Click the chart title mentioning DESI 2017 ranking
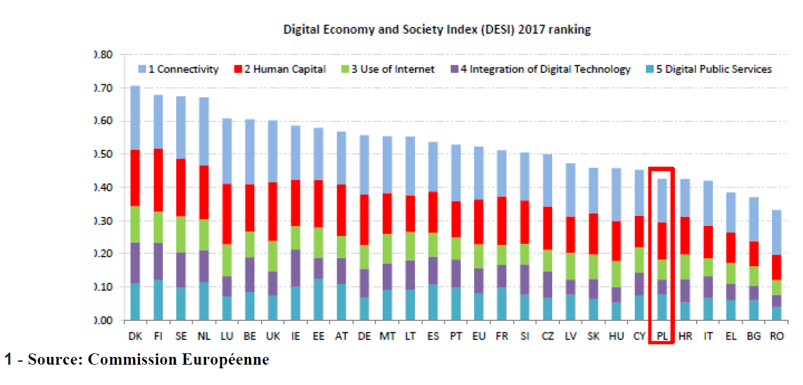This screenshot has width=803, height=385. (436, 29)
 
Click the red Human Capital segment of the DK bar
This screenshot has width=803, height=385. (135, 178)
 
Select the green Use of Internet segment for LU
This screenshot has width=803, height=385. (227, 260)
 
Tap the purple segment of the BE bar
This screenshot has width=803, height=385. (250, 274)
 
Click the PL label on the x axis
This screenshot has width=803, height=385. (662, 337)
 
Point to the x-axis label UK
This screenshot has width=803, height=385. (273, 337)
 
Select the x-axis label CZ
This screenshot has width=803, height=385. (547, 337)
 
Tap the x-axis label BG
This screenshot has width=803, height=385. (753, 337)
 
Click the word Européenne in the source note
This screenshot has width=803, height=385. (230, 360)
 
